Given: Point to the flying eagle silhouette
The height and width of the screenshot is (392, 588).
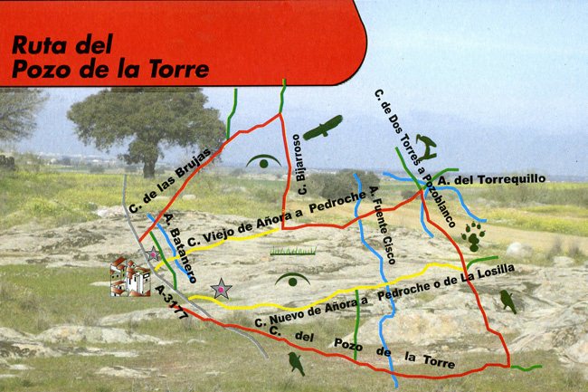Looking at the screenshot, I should [323, 128].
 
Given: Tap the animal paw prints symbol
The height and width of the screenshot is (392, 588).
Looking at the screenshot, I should [472, 238].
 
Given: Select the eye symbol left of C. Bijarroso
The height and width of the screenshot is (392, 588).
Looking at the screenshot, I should [263, 162].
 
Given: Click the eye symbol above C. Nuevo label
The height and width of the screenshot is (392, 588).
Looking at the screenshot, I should [293, 278].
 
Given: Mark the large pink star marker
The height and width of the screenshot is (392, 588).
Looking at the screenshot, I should [220, 289].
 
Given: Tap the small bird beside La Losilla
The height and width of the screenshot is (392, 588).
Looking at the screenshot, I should [507, 301].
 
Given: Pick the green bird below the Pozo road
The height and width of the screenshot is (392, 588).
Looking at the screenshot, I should [295, 363].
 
